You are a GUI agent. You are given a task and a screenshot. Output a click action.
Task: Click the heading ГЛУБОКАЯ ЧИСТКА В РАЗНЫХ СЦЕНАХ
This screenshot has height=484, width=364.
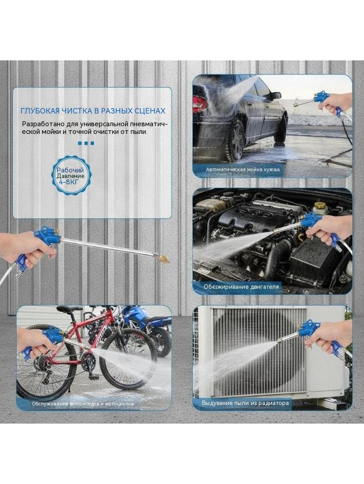coord(93,110)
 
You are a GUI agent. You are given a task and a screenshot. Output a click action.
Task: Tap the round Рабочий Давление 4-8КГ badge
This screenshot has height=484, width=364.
coord(70,176)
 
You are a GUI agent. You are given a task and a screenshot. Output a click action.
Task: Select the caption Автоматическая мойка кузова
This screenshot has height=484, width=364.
coord(243,169)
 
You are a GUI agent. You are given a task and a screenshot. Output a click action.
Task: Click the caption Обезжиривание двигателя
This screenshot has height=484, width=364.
coord(241,287)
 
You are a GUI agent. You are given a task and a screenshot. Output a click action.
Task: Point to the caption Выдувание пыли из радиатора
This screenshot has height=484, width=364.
coord(245,403)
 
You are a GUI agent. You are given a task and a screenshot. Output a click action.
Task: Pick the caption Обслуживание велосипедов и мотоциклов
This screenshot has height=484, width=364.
coord(83,404)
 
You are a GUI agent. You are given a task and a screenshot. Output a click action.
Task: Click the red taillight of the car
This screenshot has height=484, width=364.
coord(199,104)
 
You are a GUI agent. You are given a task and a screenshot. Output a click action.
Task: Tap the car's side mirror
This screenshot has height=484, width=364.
coord(276,96)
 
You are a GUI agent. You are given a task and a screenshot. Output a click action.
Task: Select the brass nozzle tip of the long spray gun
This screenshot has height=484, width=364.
coord(164,259)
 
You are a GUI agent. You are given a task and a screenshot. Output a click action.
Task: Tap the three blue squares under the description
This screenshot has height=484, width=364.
coord(86,143)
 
